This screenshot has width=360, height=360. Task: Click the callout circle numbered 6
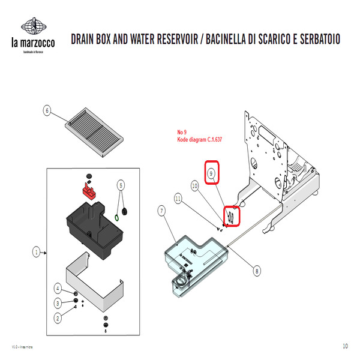47,110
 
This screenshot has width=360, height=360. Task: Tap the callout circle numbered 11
178,197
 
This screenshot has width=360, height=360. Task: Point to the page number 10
345,346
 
